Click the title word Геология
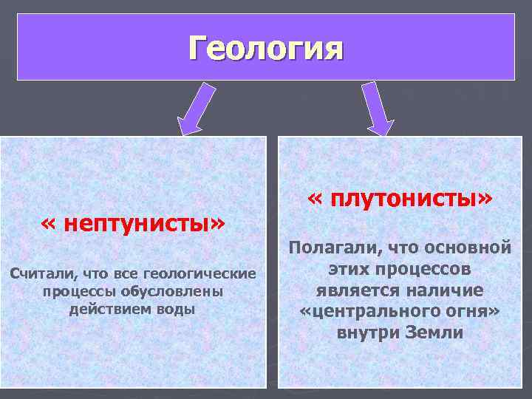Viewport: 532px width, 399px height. click(266, 50)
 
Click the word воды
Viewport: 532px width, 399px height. click(177, 309)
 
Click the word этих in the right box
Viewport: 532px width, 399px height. click(345, 268)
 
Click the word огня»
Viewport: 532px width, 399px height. click(473, 311)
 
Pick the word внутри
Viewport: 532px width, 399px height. click(367, 332)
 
